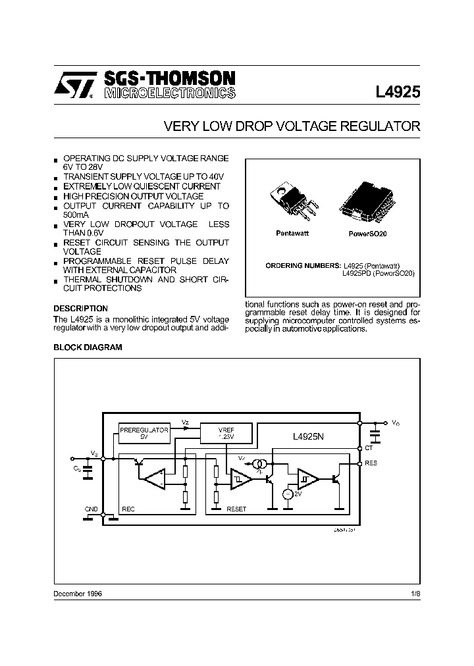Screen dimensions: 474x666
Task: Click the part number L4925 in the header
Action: (x=398, y=91)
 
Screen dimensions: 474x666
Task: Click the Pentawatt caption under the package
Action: (x=292, y=234)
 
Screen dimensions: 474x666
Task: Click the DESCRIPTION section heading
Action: (x=80, y=308)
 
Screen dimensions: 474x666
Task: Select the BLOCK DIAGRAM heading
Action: (x=88, y=347)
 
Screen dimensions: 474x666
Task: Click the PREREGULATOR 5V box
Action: (x=144, y=432)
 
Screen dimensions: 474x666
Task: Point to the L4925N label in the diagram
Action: (x=311, y=435)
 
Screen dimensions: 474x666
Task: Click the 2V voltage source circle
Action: (x=287, y=494)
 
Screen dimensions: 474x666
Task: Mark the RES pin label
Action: (x=371, y=463)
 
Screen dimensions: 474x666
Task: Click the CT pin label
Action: (x=369, y=448)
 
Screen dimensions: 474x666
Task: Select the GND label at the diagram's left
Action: (x=92, y=509)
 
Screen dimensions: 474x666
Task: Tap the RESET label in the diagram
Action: (x=236, y=509)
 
